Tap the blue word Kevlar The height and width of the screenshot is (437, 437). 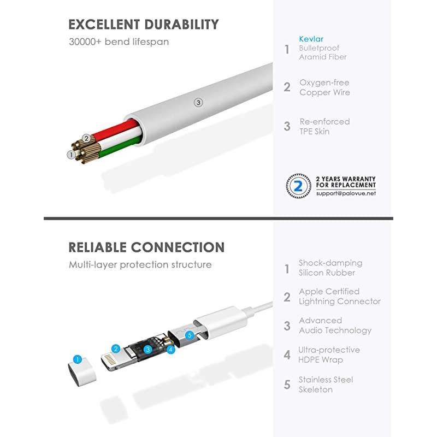(x=311, y=39)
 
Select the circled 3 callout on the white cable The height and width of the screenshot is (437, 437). (x=198, y=103)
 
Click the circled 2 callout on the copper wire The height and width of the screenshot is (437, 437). (x=86, y=138)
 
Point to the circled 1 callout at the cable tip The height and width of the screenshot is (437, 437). (x=71, y=155)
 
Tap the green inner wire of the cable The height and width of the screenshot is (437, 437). (x=120, y=147)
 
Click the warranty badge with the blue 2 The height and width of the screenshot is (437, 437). (x=298, y=186)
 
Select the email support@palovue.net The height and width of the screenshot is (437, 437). (x=346, y=193)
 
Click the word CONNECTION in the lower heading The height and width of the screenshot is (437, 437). (x=178, y=247)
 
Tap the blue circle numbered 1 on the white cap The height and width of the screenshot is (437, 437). (x=78, y=359)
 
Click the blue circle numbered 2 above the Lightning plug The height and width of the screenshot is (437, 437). (x=116, y=349)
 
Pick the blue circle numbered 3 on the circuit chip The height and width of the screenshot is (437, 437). (x=147, y=350)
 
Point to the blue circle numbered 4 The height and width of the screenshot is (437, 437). (x=170, y=350)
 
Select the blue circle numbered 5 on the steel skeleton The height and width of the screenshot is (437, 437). (x=190, y=335)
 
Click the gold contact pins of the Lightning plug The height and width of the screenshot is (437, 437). (x=110, y=361)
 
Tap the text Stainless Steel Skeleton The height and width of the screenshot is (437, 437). (x=326, y=385)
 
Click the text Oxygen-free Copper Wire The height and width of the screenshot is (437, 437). (x=324, y=87)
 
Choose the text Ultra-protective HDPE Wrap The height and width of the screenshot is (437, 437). (x=329, y=355)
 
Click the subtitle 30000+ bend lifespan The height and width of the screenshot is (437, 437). (x=119, y=42)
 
